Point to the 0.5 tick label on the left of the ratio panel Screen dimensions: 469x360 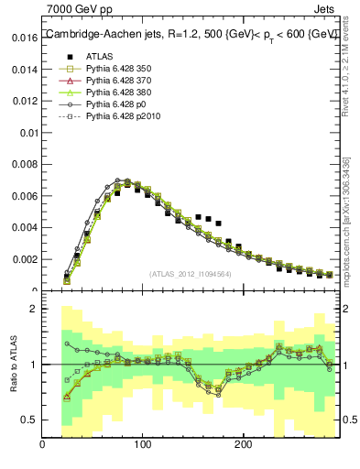tap(27, 420)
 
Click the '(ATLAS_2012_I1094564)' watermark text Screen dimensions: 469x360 tap(190, 273)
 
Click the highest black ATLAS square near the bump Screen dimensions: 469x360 tap(198, 217)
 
